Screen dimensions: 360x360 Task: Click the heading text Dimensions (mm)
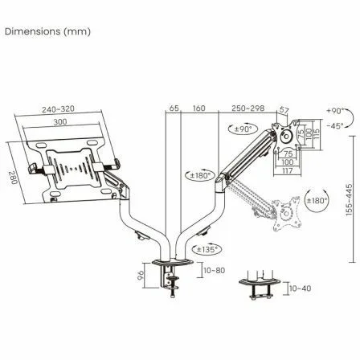click(x=48, y=31)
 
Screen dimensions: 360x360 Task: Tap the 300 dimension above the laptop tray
click(x=59, y=121)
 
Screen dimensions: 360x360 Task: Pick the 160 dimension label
click(x=199, y=108)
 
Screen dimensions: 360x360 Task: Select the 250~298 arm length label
click(x=248, y=108)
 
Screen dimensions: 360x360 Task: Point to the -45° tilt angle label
click(x=335, y=125)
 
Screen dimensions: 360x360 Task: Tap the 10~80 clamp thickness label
click(x=213, y=271)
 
